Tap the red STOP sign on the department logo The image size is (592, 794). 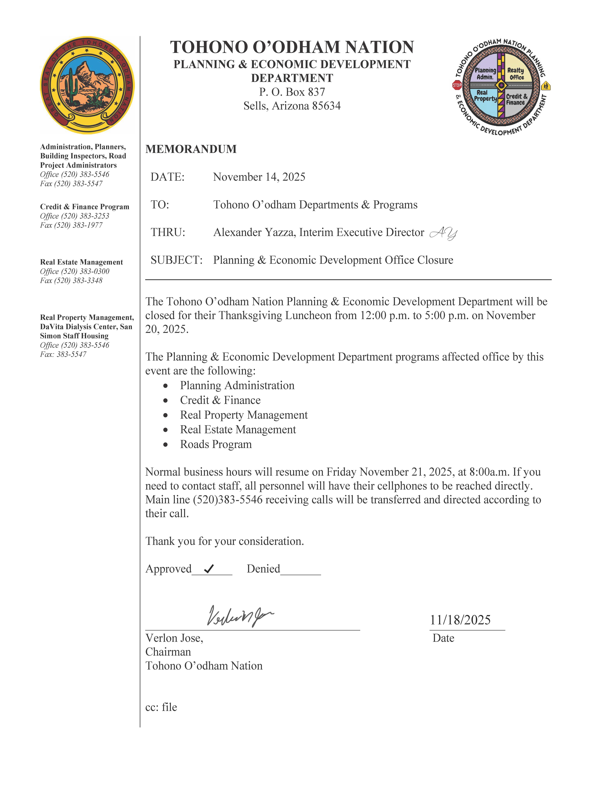pyautogui.click(x=457, y=85)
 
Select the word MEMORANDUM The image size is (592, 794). pyautogui.click(x=191, y=149)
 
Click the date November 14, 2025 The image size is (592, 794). pyautogui.click(x=259, y=177)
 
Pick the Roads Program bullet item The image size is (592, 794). pyautogui.click(x=216, y=444)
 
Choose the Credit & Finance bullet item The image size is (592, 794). pyautogui.click(x=220, y=400)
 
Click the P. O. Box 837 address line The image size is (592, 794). pyautogui.click(x=292, y=92)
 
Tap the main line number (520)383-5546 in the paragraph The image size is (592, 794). pyautogui.click(x=228, y=500)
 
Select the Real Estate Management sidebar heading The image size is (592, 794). pyautogui.click(x=81, y=262)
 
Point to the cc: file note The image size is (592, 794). pyautogui.click(x=161, y=707)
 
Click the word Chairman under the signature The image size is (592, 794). pyautogui.click(x=168, y=652)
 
